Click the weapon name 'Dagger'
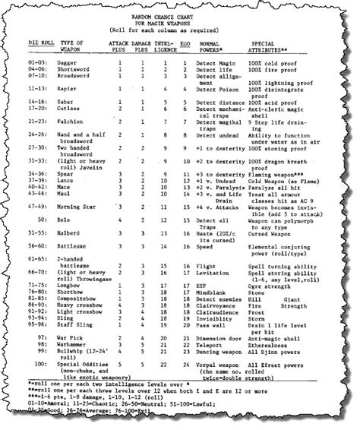click(x=66, y=62)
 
